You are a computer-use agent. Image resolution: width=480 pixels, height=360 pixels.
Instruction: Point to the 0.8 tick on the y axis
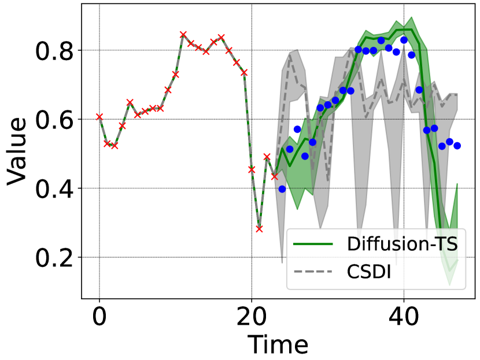pos(56,51)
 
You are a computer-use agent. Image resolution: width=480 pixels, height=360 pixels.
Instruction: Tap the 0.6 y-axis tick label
pos(56,120)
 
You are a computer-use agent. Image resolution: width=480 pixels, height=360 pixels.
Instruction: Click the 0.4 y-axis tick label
pos(56,188)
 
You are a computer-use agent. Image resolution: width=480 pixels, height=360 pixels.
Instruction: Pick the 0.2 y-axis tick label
pos(56,258)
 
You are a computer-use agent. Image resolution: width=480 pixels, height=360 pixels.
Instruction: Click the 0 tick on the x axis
pos(99,316)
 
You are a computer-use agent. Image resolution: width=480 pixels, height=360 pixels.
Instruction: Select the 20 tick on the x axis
pos(252,316)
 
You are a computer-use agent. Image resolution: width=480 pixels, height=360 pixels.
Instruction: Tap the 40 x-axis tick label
pos(404,316)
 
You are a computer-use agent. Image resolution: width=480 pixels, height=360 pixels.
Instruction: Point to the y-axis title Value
pos(17,151)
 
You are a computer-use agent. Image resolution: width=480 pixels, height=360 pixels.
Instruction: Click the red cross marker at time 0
pos(99,117)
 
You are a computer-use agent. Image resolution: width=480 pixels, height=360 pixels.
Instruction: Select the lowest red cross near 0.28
pos(259,229)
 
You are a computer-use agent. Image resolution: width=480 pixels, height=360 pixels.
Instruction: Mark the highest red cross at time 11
pos(183,35)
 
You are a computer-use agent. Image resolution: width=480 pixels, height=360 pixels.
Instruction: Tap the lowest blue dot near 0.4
pos(282,189)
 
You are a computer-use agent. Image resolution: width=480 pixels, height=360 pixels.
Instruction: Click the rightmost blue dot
pos(457,146)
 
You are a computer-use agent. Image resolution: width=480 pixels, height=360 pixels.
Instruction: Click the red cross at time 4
pos(130,102)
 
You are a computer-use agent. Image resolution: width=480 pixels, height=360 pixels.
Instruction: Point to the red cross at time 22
pos(267,157)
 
